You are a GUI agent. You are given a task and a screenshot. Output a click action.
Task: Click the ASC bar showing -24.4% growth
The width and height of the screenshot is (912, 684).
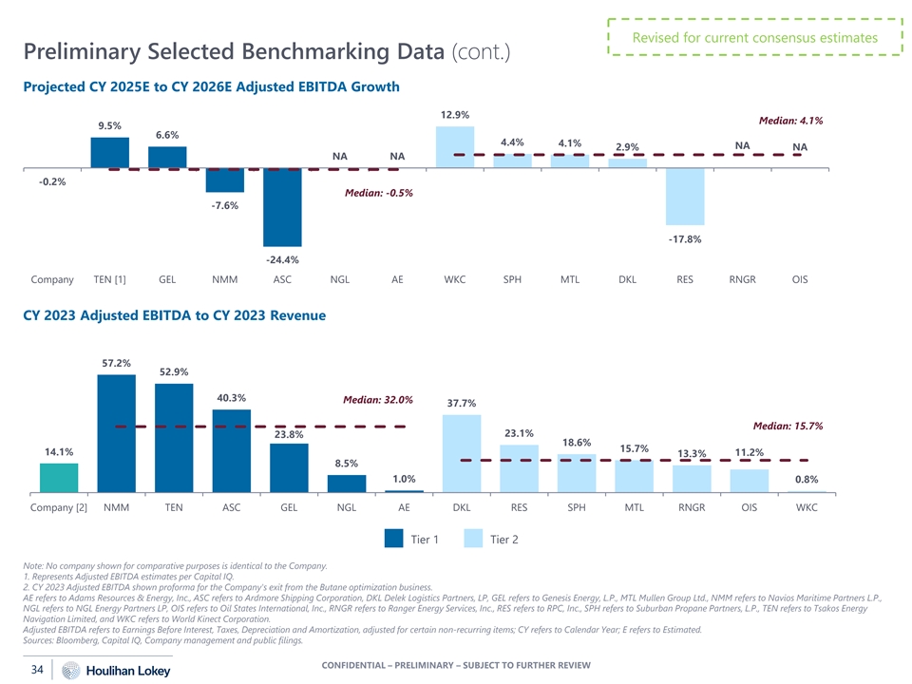tap(282, 207)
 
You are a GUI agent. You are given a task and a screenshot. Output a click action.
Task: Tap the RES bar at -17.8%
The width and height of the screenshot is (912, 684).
tap(685, 197)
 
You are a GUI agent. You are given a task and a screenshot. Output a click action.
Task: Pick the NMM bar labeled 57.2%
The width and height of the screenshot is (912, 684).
tap(117, 433)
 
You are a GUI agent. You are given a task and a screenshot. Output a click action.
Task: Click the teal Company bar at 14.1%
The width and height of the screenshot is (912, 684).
tap(59, 477)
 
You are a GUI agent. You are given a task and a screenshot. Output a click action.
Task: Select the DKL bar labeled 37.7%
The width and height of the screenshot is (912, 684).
tap(462, 452)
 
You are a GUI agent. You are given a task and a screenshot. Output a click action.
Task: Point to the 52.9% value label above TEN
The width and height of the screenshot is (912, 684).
tap(174, 371)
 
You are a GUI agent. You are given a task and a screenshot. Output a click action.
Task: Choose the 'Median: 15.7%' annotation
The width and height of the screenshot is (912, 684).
tap(788, 426)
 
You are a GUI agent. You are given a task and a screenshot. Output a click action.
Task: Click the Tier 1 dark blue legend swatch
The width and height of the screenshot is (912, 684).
tap(394, 539)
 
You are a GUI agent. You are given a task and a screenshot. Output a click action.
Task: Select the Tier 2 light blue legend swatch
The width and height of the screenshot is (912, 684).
tap(474, 539)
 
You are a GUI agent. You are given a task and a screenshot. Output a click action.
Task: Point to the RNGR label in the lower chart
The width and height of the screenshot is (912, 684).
tap(692, 507)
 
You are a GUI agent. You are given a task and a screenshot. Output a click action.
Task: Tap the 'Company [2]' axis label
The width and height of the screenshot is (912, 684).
tap(59, 507)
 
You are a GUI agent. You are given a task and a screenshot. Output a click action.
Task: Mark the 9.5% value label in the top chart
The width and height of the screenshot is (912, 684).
tap(109, 125)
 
